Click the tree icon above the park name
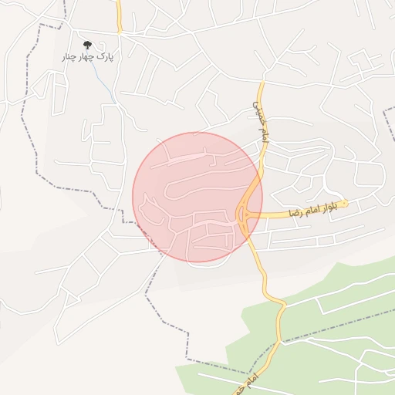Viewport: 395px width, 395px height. (x=86, y=46)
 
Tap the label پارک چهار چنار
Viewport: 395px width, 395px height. (x=87, y=58)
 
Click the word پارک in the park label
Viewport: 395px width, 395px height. (x=105, y=58)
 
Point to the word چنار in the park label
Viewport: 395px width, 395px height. (x=71, y=58)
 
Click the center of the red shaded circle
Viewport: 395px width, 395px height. (x=197, y=197)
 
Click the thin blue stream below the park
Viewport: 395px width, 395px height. (x=103, y=77)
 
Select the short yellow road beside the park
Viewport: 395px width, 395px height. (x=120, y=17)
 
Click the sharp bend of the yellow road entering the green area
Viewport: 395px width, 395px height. (x=282, y=304)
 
